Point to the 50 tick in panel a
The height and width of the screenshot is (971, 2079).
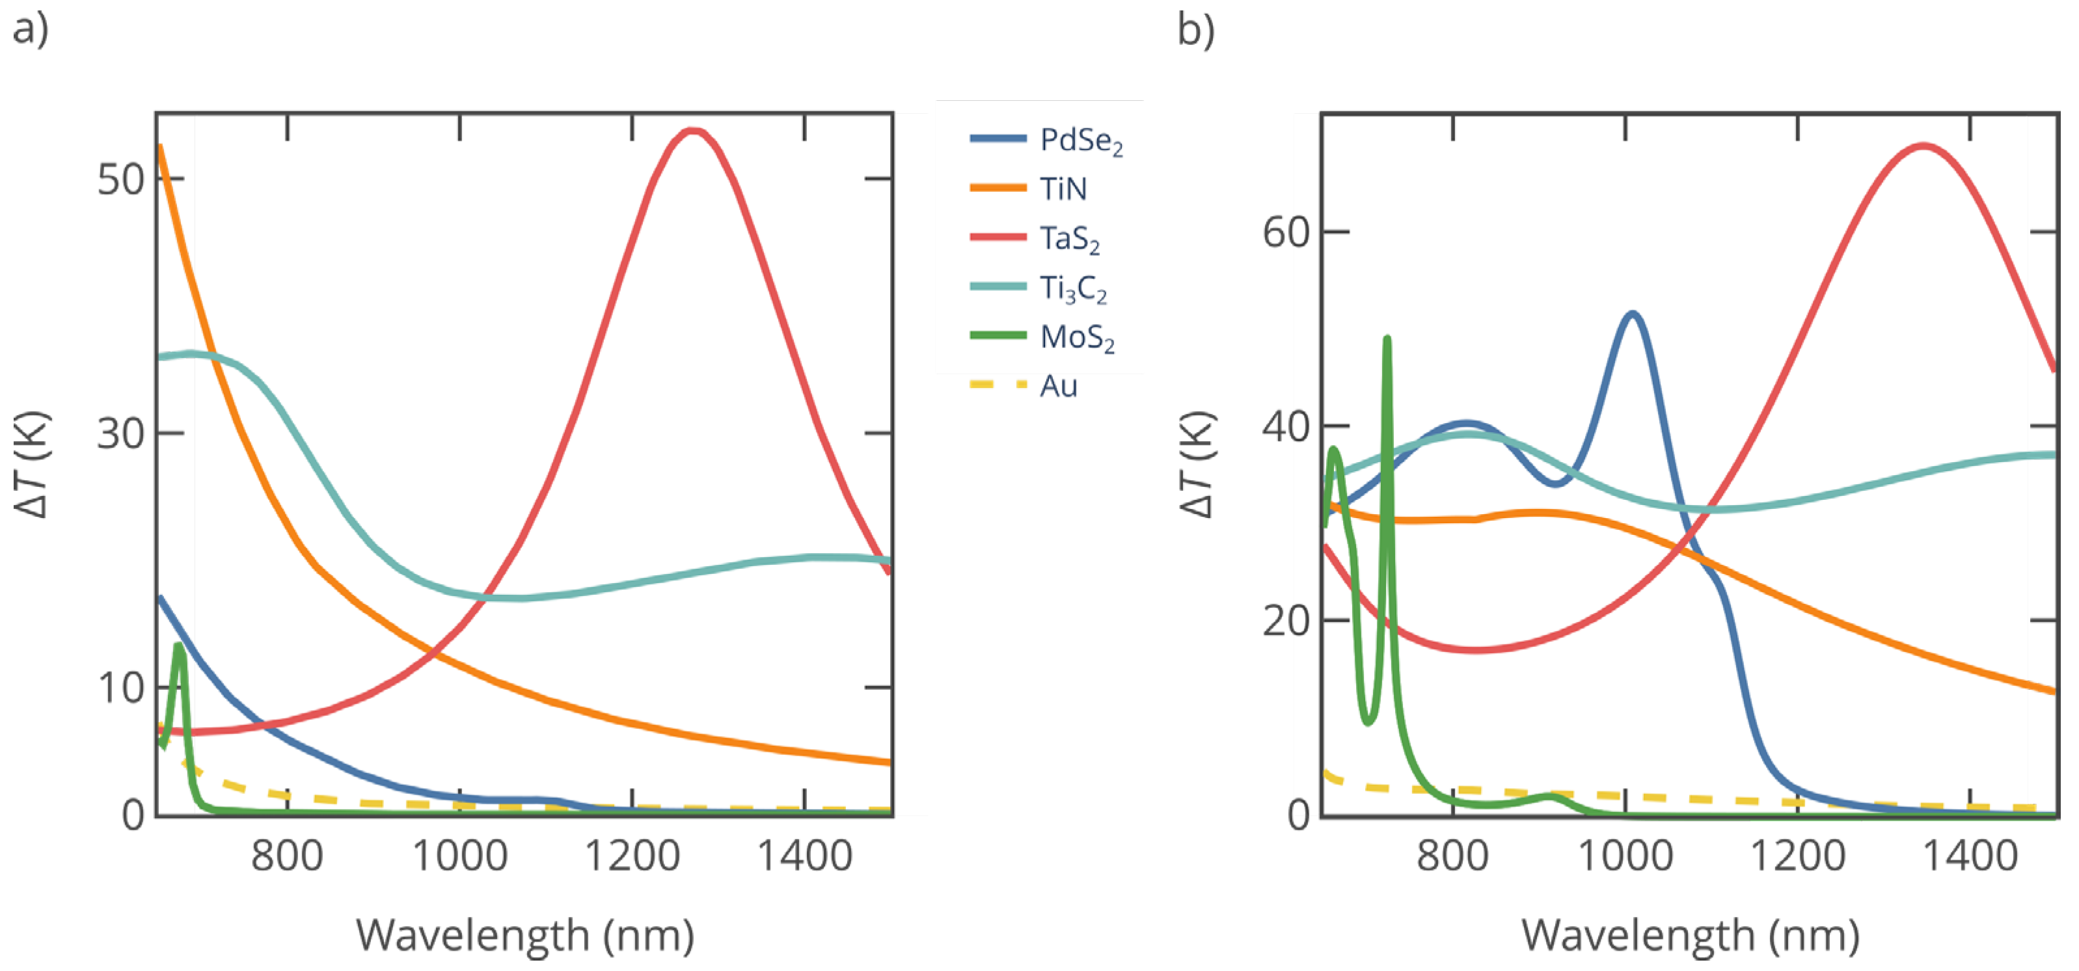120,179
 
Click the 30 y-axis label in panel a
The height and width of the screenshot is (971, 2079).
120,433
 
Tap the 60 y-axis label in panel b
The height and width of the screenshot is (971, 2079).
1286,232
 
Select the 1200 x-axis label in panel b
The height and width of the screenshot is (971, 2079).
1797,856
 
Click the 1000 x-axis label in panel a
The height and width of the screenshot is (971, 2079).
460,856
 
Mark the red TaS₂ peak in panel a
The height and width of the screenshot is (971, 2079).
692,131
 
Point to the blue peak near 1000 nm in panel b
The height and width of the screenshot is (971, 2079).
1632,314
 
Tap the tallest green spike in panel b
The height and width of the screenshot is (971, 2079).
1387,339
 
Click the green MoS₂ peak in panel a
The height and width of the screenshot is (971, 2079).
178,646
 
